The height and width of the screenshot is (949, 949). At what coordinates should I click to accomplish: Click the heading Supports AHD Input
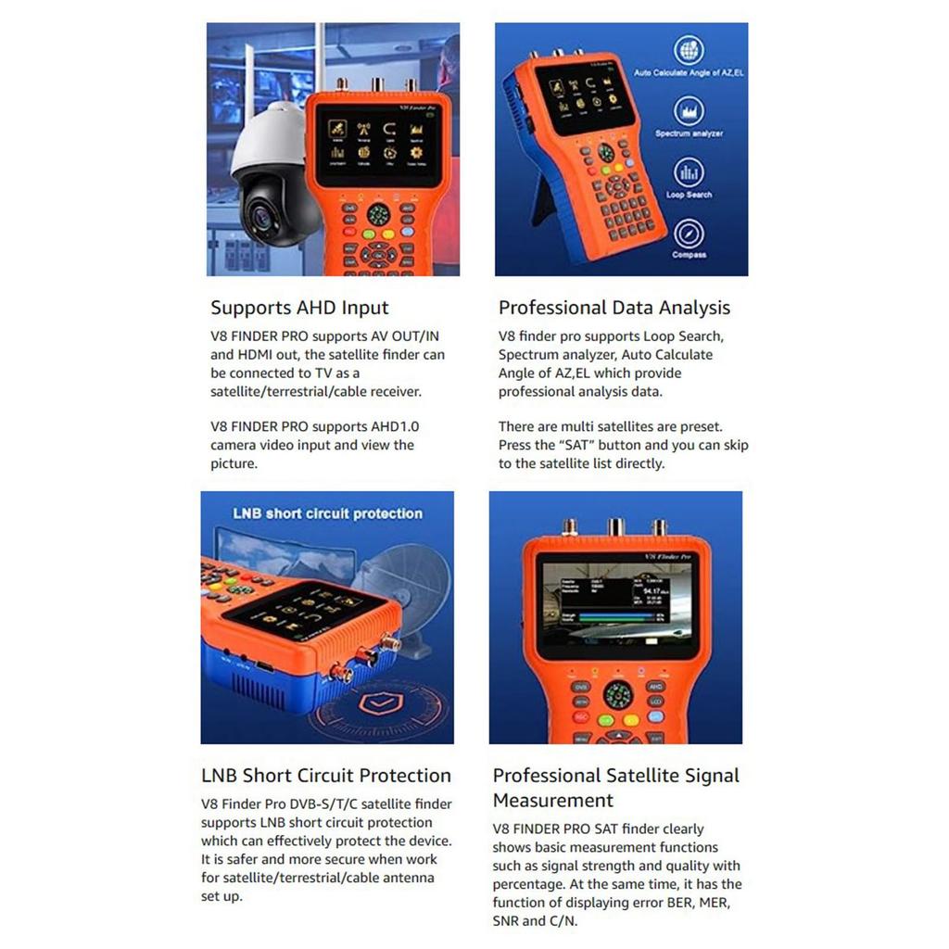click(x=299, y=308)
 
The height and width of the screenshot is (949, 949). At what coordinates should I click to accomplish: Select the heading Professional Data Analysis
click(x=614, y=308)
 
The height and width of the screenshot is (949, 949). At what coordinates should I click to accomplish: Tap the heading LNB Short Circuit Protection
click(x=326, y=776)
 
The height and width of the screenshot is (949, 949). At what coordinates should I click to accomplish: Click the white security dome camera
click(x=266, y=176)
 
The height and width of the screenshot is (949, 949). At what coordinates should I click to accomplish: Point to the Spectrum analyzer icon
click(x=689, y=111)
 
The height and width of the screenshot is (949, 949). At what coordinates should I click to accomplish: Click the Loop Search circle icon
click(x=689, y=171)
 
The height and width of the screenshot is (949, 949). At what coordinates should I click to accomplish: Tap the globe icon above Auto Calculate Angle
click(x=689, y=49)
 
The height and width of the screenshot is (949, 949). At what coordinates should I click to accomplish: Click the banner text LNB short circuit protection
click(x=328, y=513)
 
